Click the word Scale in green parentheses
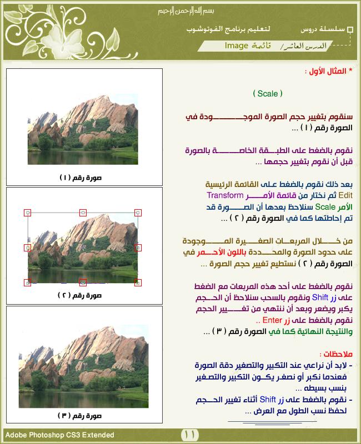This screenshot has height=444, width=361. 267,94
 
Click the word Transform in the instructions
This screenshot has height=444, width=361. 225,195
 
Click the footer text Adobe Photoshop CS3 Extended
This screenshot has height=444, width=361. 60,435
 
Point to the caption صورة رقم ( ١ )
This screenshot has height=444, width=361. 84,178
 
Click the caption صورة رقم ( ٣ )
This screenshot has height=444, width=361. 84,415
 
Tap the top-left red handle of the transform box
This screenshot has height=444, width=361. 28,213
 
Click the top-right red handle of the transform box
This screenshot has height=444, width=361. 138,213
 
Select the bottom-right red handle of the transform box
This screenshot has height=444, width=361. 138,282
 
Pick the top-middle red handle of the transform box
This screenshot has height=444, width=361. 83,213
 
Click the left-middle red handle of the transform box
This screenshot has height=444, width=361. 28,248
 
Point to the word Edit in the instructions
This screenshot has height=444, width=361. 345,195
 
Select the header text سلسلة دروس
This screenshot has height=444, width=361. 323,29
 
